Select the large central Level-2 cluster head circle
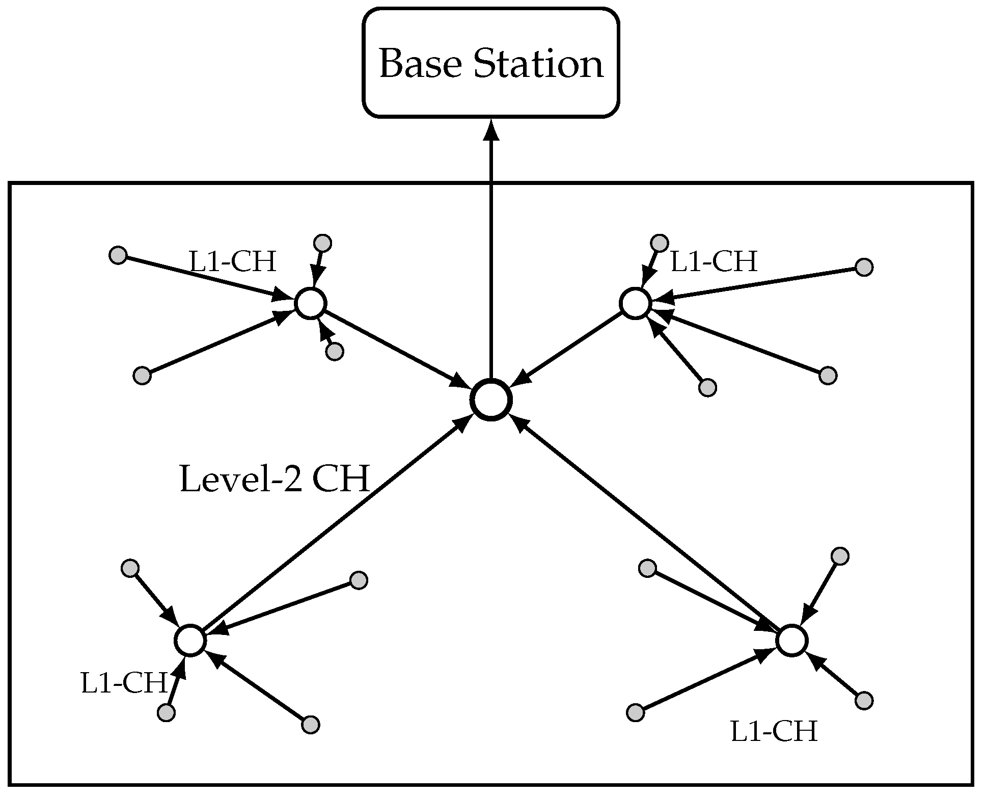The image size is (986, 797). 490,400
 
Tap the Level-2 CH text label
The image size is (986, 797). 275,480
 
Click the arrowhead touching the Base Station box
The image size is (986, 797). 491,130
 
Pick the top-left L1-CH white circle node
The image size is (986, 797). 310,303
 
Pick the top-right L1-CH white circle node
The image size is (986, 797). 635,303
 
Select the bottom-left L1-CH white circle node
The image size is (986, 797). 190,640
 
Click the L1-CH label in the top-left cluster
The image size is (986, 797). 233,262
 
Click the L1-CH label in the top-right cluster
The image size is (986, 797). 714,262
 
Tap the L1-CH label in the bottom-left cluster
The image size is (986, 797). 124,683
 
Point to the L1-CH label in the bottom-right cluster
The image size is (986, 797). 774,732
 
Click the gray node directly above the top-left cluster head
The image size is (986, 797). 323,243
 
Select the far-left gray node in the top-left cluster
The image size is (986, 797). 118,255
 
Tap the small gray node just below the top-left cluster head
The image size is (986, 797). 335,352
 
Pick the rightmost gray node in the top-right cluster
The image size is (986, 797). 864,267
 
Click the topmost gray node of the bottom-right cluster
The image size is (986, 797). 840,556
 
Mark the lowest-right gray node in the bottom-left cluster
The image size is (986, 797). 311,724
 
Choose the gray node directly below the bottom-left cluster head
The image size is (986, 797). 166,712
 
